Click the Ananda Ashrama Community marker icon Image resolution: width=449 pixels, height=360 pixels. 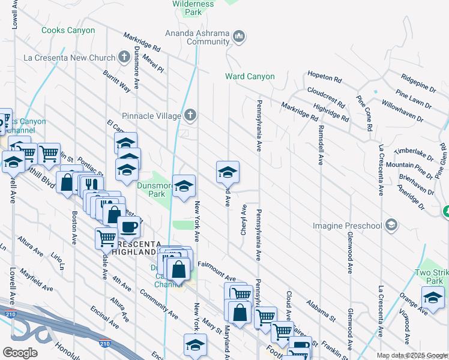coord(239,37)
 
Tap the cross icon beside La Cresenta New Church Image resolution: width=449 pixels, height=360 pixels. coord(124,58)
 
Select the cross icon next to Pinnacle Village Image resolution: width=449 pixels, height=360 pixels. coord(190,115)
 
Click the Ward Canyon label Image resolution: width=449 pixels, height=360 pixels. coord(250,76)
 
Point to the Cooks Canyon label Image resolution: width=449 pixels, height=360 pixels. coord(68,30)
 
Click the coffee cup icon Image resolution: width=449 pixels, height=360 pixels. coord(128,227)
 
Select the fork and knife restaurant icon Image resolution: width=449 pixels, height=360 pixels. coord(90,183)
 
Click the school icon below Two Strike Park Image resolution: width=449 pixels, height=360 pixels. coord(433,296)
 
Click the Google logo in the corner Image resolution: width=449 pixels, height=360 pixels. coord(19,353)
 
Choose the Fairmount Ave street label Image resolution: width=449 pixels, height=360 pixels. coord(216,271)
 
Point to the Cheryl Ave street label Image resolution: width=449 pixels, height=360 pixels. coord(244,219)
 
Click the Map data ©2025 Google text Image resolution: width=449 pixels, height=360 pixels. coord(412,355)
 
